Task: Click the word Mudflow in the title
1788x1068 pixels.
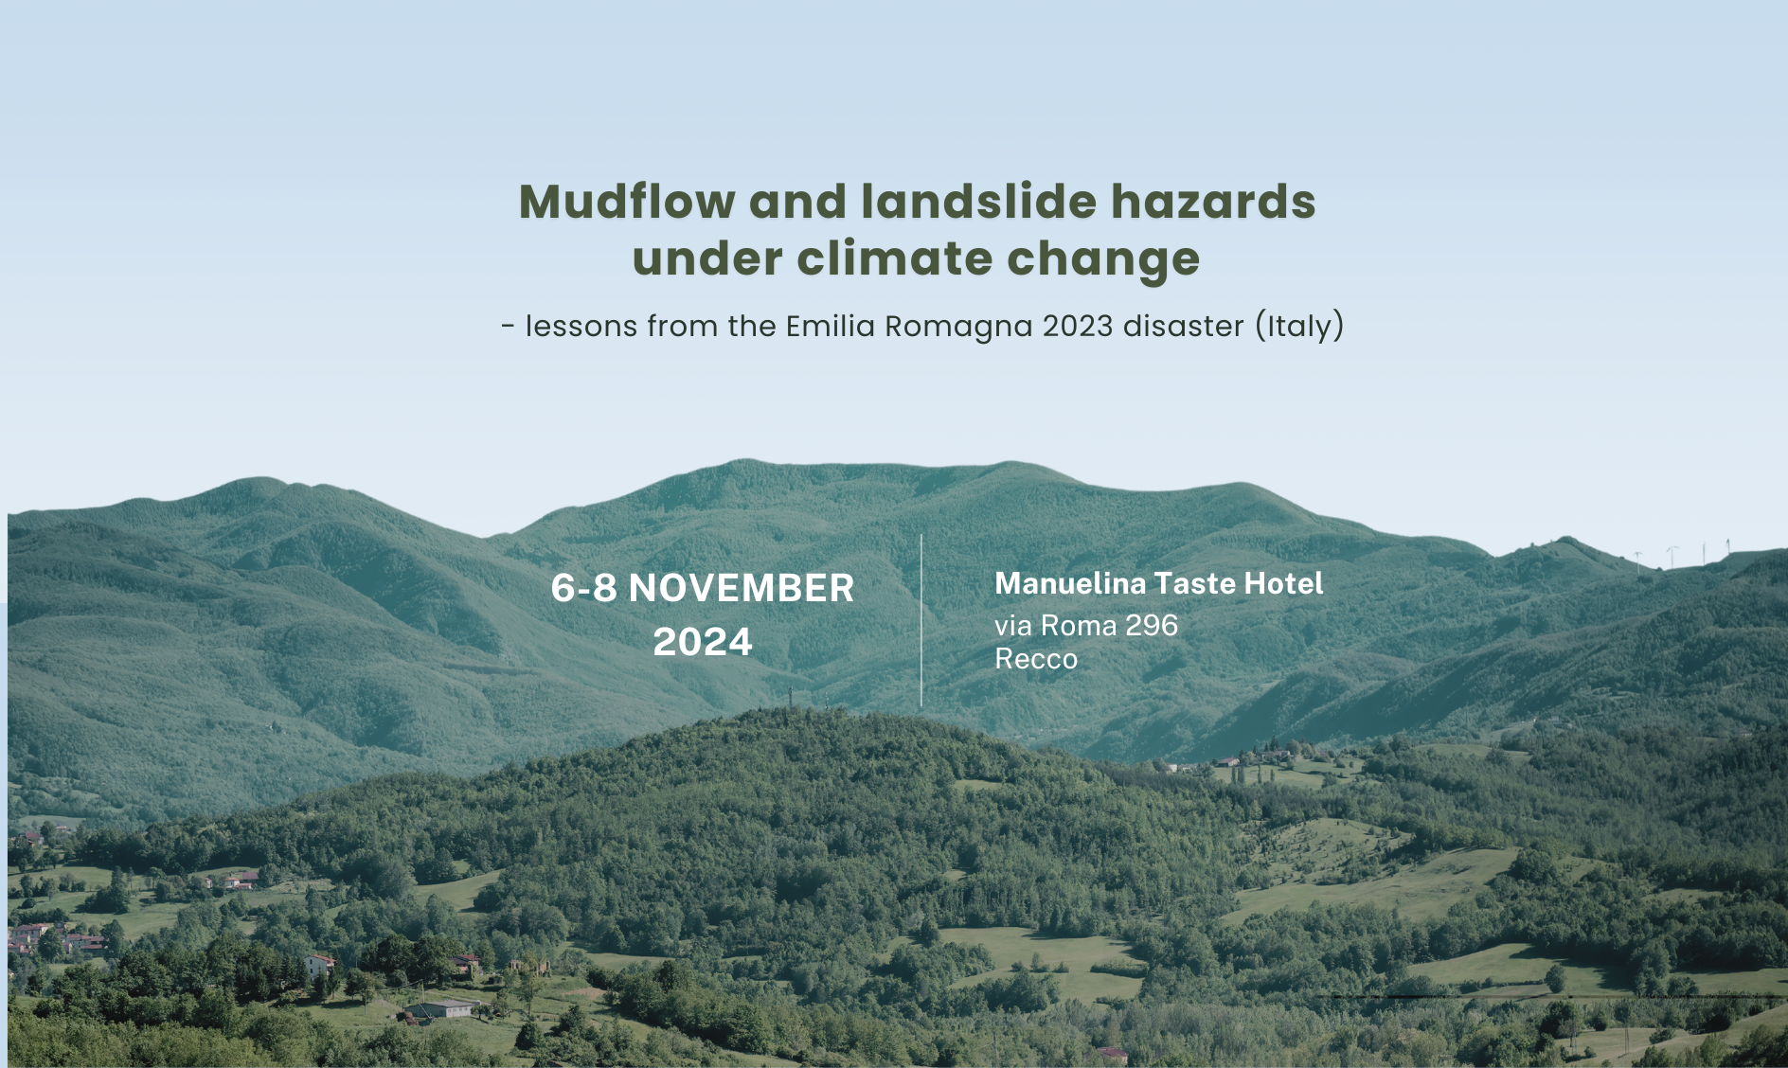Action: click(x=627, y=202)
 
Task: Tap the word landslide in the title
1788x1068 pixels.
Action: click(x=978, y=202)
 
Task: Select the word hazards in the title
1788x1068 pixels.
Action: click(x=1213, y=202)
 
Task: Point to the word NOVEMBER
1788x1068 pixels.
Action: click(x=742, y=588)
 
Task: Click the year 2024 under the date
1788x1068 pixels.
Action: click(x=703, y=642)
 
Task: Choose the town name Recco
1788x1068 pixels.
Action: click(x=1036, y=658)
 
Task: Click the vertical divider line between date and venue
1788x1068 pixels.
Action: click(x=921, y=620)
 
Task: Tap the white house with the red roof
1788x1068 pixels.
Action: click(x=319, y=965)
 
